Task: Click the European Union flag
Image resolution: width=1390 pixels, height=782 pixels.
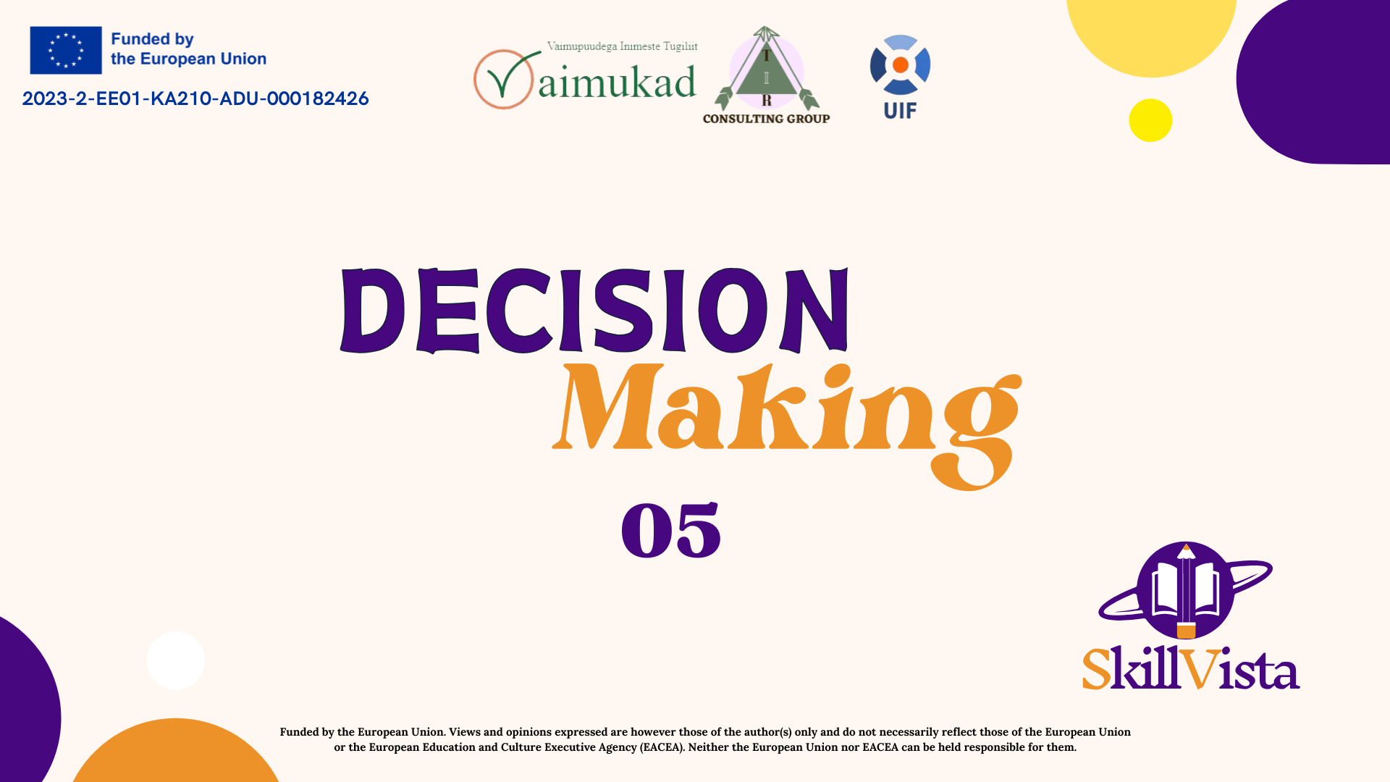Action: [66, 50]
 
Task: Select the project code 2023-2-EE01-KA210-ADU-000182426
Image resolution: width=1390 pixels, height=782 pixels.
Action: [195, 98]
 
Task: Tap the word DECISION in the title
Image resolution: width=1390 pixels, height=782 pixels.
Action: [594, 311]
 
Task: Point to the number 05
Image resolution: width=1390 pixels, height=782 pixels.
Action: [671, 530]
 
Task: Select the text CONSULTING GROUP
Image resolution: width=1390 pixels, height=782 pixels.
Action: [766, 119]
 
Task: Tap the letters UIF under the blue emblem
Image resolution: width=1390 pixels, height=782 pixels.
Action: [900, 111]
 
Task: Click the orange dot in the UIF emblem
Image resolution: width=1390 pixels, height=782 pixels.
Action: [901, 65]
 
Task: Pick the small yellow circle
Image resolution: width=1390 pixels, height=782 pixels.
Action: [1150, 120]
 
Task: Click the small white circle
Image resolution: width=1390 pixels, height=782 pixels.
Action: [175, 660]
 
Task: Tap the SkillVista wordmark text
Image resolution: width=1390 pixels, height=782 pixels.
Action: [1191, 668]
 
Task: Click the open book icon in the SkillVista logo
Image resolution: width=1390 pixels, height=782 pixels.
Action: [1186, 590]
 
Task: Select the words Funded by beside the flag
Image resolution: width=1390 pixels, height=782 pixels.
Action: [152, 40]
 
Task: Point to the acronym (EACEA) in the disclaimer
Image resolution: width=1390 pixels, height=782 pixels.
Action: [662, 747]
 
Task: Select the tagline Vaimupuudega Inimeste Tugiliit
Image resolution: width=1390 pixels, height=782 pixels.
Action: [622, 46]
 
